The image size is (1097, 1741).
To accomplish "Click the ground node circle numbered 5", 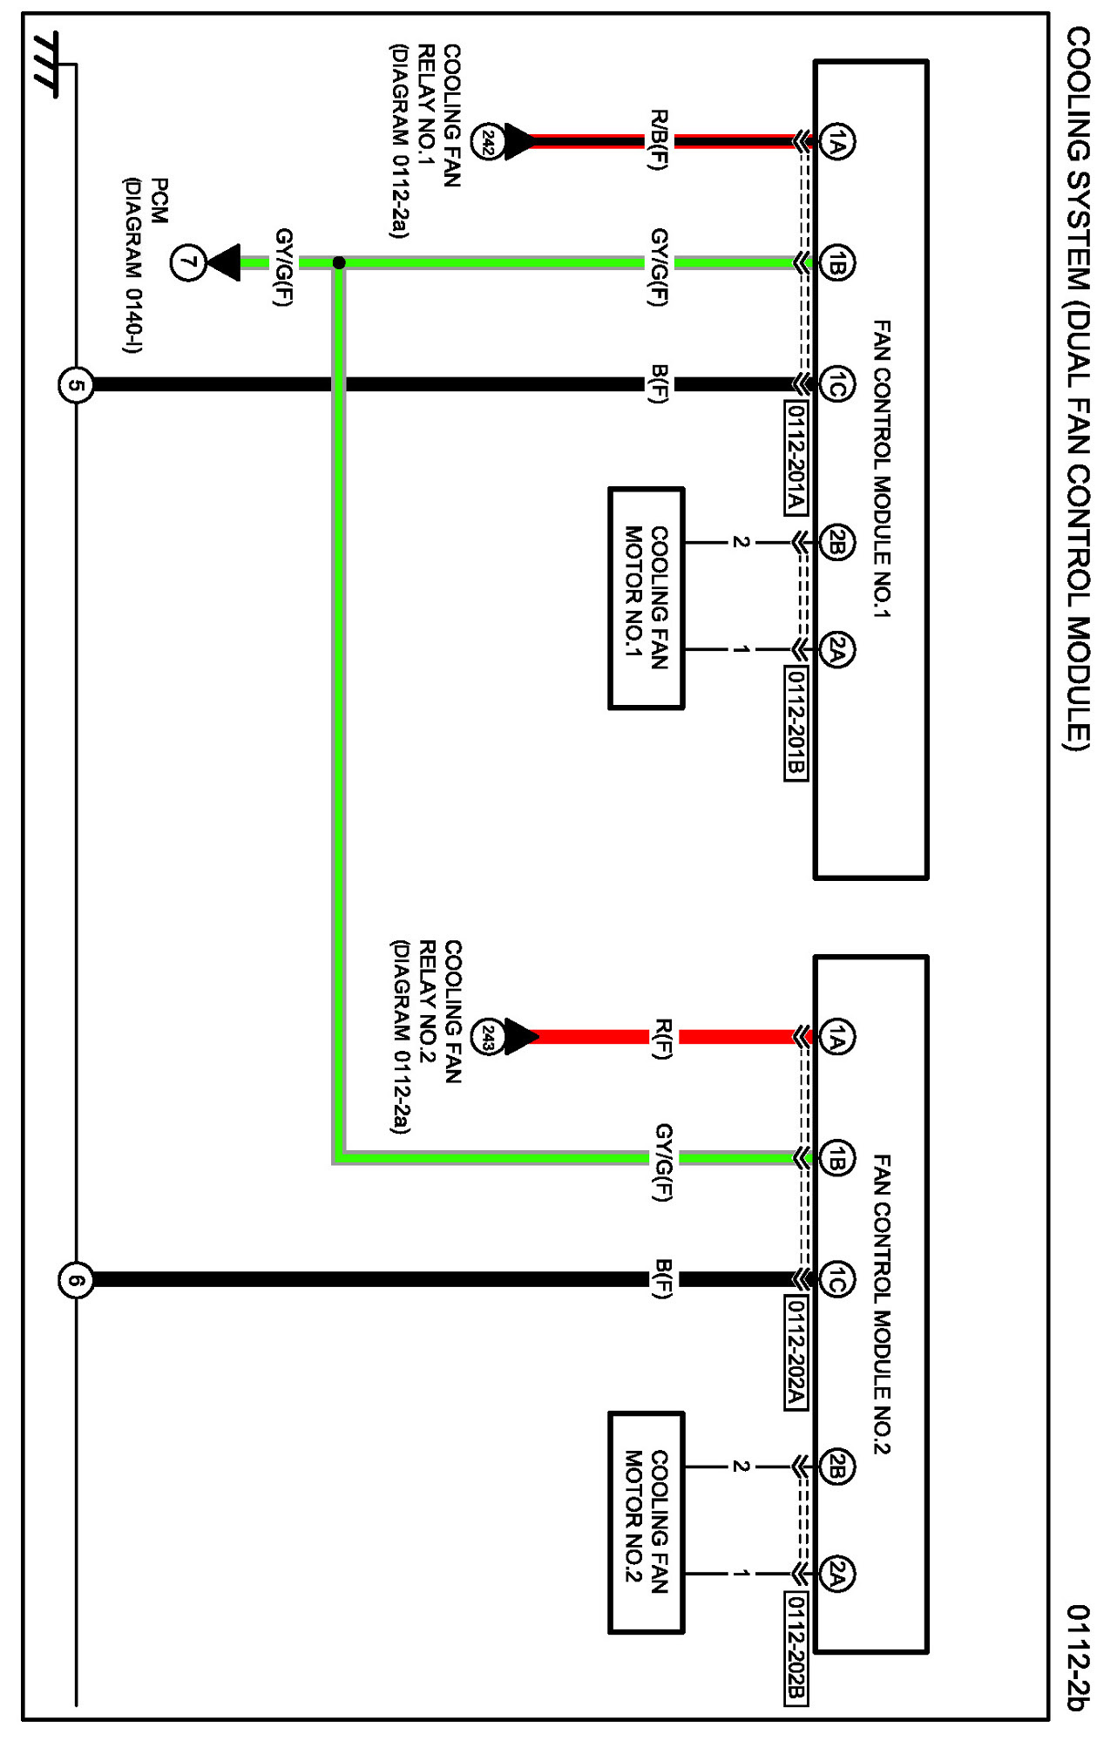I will coord(76,384).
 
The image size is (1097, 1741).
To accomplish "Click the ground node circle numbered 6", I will coord(76,1280).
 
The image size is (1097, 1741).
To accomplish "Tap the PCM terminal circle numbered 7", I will coord(187,262).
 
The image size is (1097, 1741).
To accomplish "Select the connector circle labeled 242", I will coord(488,141).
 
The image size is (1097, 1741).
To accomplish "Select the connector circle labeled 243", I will coord(488,1037).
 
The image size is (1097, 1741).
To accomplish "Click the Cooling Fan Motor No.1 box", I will coord(646,599).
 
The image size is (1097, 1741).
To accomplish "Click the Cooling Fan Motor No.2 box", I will coord(646,1522).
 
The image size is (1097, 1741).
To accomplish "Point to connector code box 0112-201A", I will coord(795,457).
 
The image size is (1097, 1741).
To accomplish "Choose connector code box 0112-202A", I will coord(795,1352).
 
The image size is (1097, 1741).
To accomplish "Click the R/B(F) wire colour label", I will coord(660,140).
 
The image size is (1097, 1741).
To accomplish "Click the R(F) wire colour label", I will coord(662,1038).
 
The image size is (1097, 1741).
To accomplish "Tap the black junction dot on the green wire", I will coord(339,262).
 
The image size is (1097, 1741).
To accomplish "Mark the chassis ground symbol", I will coord(46,64).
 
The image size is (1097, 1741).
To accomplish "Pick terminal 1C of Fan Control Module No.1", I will coord(837,384).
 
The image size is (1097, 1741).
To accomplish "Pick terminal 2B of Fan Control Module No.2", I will coord(837,1467).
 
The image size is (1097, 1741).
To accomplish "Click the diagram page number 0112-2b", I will coord(1078,1657).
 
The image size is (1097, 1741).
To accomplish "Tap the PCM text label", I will coord(159,201).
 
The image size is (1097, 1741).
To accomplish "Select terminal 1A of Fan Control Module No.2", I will coord(837,1037).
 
